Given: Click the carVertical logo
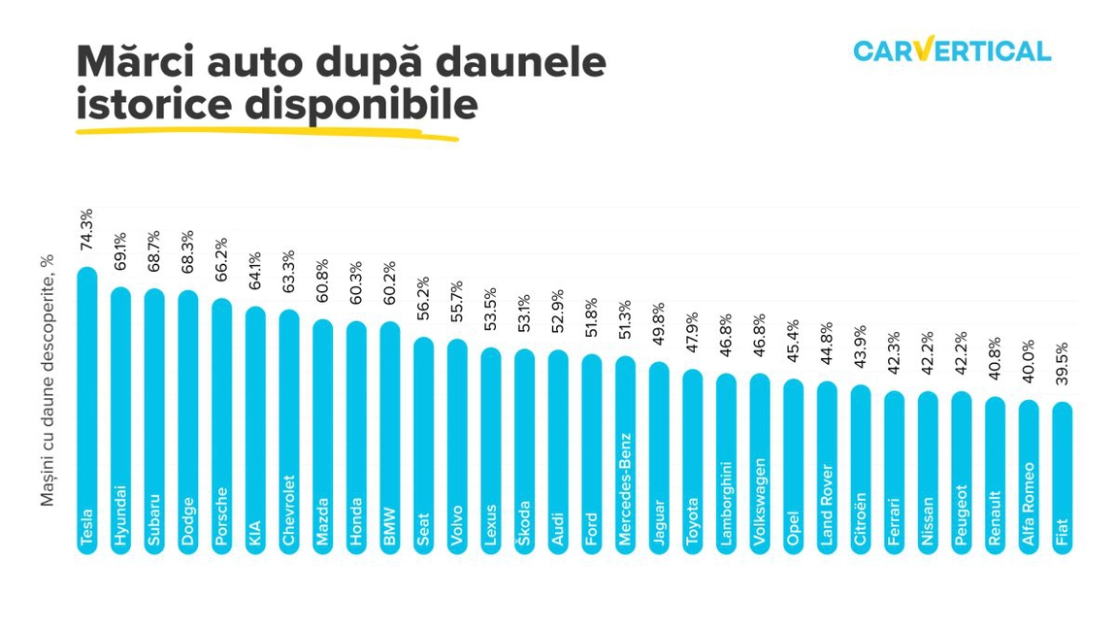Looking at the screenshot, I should pyautogui.click(x=951, y=50).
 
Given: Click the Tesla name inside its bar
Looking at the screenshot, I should pyautogui.click(x=87, y=529).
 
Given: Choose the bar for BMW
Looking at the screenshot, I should pyautogui.click(x=389, y=438).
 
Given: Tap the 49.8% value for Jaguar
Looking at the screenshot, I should pyautogui.click(x=658, y=327).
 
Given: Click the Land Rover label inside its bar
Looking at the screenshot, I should pyautogui.click(x=827, y=509).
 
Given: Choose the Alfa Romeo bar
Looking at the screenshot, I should pyautogui.click(x=1028, y=477).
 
